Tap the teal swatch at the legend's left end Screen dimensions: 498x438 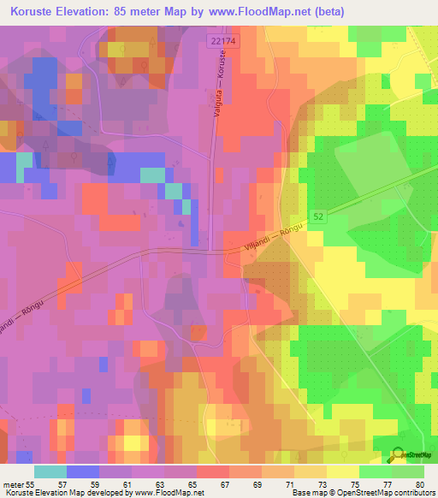coord(50,471)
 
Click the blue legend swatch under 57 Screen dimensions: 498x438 coord(83,471)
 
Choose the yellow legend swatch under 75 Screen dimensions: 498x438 coord(343,471)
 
